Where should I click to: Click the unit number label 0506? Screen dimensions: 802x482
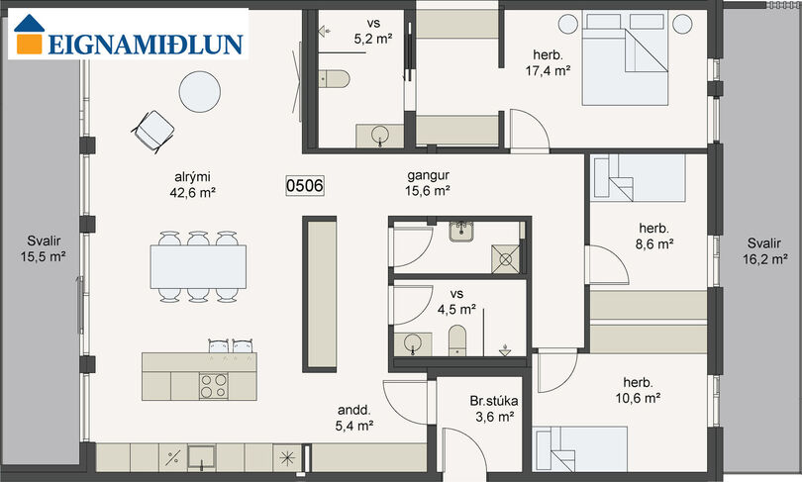[x=304, y=185]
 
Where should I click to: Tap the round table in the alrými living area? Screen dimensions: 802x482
[x=199, y=91]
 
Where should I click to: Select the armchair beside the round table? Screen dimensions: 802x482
[x=152, y=132]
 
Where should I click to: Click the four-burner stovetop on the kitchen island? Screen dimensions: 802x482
[x=214, y=386]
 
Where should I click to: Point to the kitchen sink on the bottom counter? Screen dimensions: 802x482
[x=202, y=457]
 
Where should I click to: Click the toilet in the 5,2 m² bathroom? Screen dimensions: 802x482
[x=334, y=79]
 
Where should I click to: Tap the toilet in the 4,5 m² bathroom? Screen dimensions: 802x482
[x=457, y=340]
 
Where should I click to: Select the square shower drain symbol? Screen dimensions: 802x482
[x=505, y=259]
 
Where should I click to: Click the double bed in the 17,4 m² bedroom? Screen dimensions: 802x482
[x=625, y=58]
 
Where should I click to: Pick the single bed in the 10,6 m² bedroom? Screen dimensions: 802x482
[x=580, y=448]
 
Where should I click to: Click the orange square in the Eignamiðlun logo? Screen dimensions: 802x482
[x=29, y=44]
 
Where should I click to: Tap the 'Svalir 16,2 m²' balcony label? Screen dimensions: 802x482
[x=764, y=251]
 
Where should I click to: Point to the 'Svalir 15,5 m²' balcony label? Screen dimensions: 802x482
[x=44, y=248]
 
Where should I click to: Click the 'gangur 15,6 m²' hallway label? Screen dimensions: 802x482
[x=428, y=182]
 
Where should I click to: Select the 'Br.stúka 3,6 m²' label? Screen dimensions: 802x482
[x=494, y=409]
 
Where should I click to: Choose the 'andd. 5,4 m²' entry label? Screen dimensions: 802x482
[x=353, y=418]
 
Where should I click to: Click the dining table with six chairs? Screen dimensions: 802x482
[x=198, y=266]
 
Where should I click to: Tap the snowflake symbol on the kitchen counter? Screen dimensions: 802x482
[x=287, y=458]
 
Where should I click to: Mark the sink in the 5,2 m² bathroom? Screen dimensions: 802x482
[x=379, y=136]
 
